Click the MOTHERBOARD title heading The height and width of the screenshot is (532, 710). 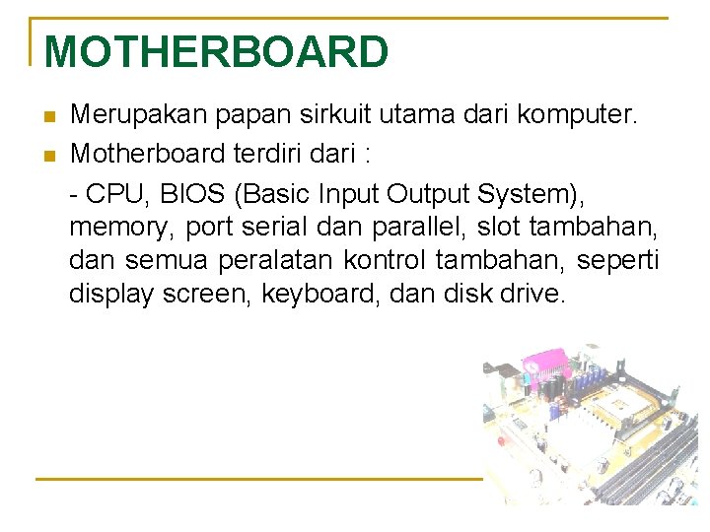pos(216,51)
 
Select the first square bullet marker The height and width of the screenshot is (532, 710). pos(51,118)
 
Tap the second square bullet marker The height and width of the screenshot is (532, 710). pos(51,156)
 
